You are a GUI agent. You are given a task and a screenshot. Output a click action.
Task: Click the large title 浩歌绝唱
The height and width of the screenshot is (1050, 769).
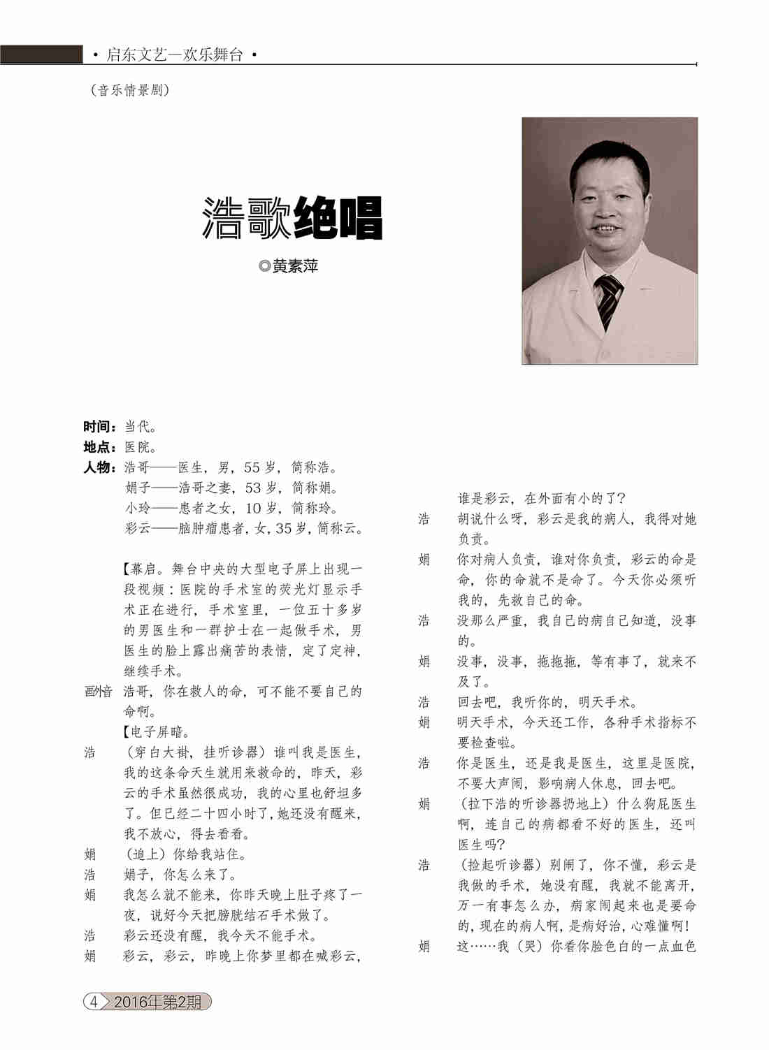(292, 218)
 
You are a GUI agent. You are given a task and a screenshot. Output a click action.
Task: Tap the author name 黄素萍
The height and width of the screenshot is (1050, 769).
(295, 266)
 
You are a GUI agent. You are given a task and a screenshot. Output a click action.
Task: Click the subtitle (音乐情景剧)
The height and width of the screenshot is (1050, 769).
(130, 90)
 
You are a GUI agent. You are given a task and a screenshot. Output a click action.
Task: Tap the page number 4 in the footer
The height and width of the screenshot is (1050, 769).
(94, 1001)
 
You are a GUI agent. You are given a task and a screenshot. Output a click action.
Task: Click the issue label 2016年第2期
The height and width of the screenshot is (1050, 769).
(157, 1002)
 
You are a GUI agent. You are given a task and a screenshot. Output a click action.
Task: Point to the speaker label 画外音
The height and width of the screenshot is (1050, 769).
(98, 692)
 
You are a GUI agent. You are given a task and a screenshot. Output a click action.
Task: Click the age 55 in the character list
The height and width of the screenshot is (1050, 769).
(252, 467)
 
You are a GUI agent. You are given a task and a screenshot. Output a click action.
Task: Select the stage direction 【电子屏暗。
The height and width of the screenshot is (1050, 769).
(156, 732)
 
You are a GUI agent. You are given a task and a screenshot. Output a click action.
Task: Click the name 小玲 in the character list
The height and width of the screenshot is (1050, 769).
(138, 508)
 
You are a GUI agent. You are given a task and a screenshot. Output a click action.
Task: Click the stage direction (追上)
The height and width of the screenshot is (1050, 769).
(145, 854)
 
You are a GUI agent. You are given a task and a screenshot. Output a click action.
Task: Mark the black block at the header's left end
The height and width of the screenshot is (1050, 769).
(41, 54)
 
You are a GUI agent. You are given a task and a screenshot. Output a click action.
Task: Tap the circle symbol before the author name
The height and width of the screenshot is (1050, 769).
(264, 266)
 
